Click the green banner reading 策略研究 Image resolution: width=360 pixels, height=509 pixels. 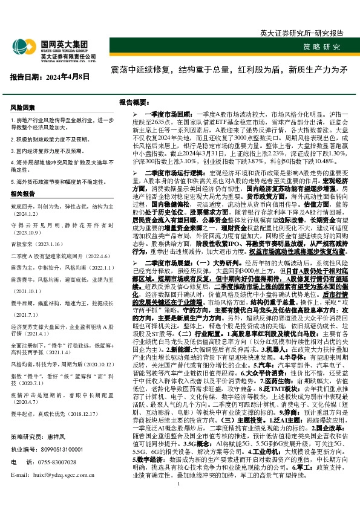point(321,47)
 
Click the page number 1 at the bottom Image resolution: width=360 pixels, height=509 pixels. point(180,501)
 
